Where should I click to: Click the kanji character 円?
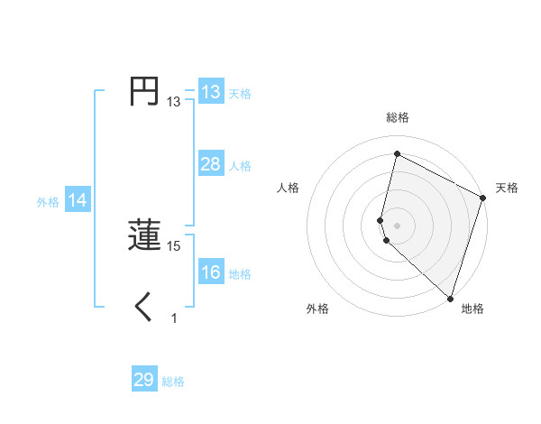[144, 92]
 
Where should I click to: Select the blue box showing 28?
[210, 164]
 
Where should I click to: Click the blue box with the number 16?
[210, 272]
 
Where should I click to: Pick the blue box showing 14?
[78, 200]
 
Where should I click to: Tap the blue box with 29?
[144, 380]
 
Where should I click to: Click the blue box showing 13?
[210, 92]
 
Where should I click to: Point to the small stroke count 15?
[174, 245]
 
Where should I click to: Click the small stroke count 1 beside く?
[174, 318]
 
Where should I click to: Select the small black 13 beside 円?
[174, 102]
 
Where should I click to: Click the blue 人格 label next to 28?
[240, 166]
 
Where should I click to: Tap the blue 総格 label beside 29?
[173, 382]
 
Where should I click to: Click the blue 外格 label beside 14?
[48, 202]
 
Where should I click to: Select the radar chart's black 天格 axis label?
[507, 188]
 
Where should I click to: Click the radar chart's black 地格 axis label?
[472, 309]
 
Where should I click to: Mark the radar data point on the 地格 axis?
[450, 298]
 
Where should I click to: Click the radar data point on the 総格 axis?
[397, 154]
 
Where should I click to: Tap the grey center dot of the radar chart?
[397, 225]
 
